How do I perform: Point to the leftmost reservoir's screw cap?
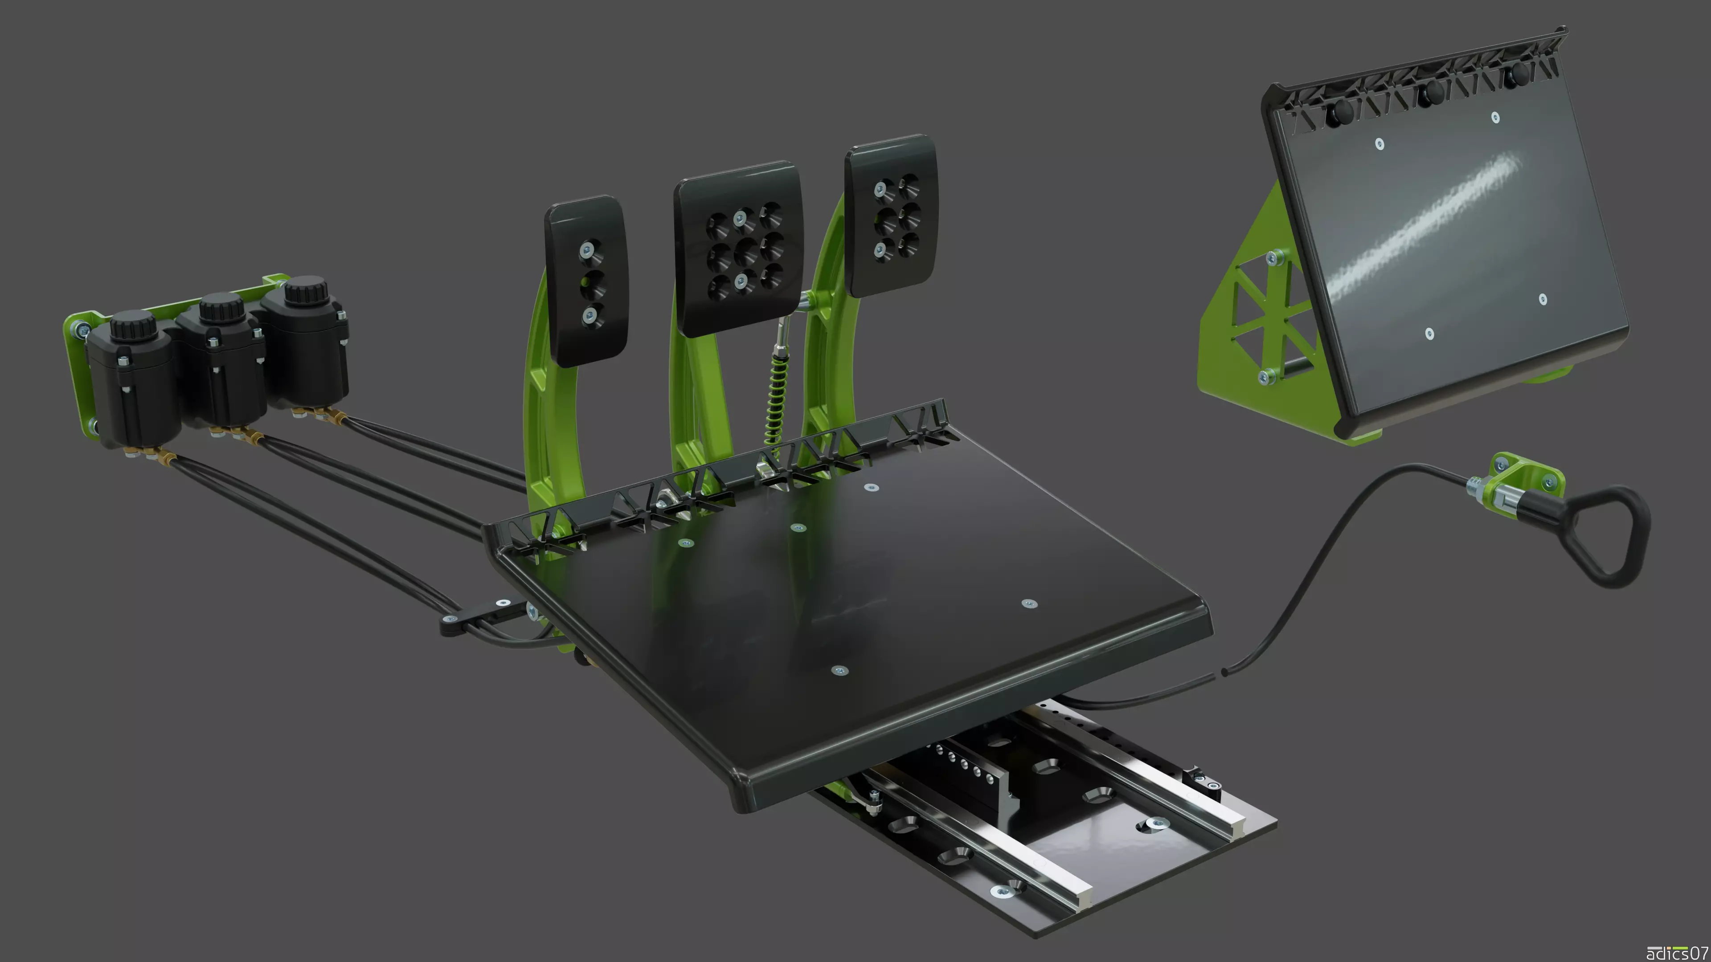click(133, 323)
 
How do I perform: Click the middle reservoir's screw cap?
click(217, 307)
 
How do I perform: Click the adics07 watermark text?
click(1676, 953)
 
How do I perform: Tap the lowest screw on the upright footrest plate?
click(1429, 333)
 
